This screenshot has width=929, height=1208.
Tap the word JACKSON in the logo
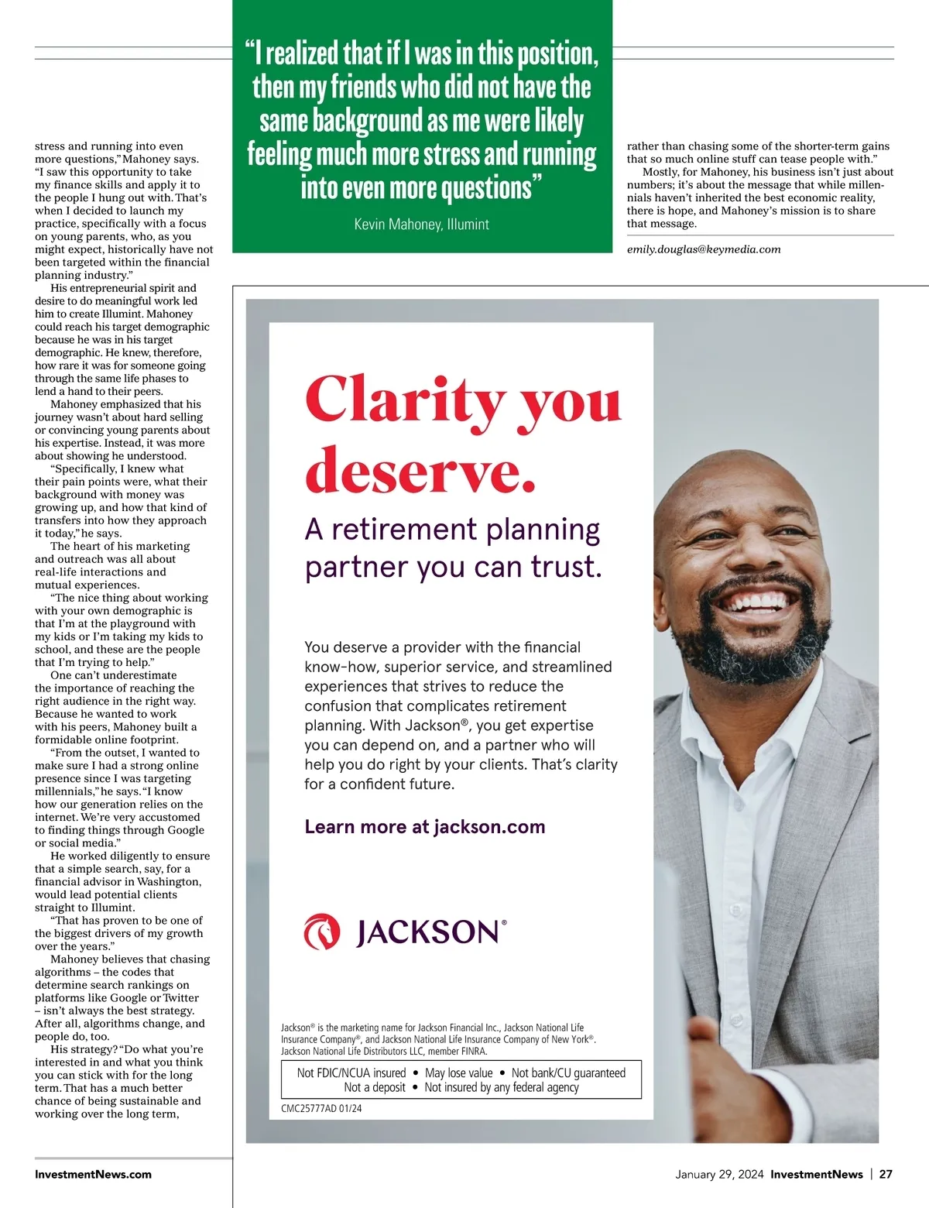coord(427,932)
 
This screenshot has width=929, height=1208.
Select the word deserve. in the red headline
coord(420,469)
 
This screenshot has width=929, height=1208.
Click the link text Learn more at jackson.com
coord(424,826)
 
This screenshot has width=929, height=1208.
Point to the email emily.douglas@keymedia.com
coord(703,249)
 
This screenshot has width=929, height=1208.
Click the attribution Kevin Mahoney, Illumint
coord(421,225)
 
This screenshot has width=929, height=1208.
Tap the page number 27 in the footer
coord(886,1174)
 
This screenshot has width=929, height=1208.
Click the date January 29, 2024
coord(719,1174)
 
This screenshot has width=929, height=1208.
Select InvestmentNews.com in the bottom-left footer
coord(93,1174)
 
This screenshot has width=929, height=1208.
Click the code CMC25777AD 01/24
coord(321,1108)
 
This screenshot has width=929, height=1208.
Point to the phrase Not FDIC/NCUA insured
coord(351,1072)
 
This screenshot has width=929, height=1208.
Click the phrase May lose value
coord(458,1072)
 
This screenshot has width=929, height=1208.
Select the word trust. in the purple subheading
coord(566,567)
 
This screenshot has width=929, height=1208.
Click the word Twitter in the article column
coord(180,997)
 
